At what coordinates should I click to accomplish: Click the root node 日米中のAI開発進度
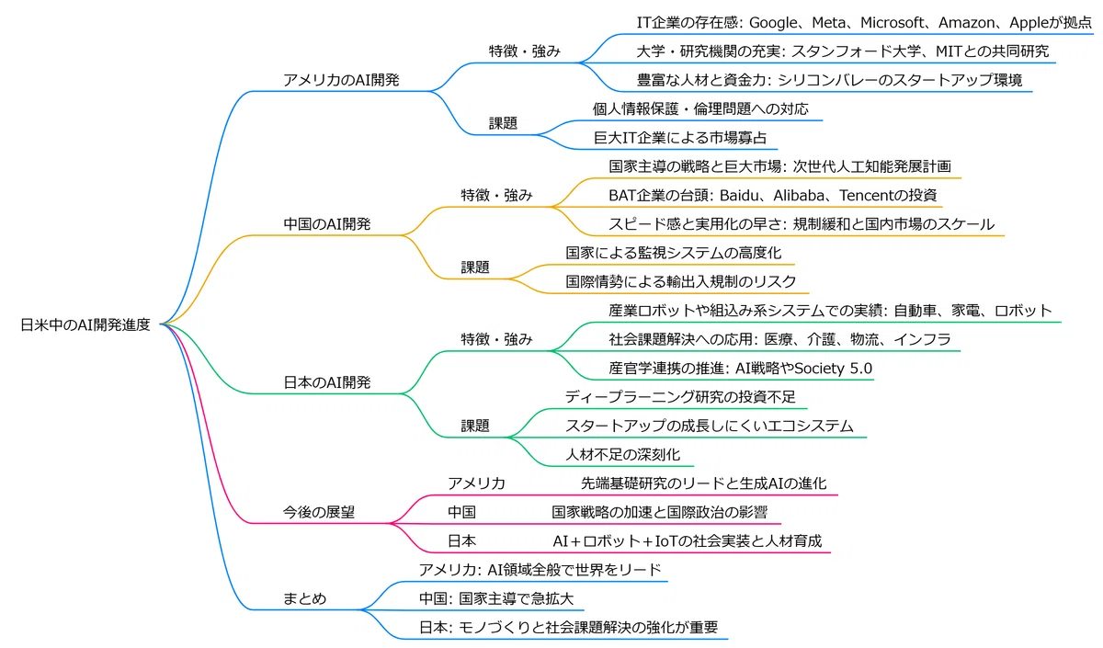pyautogui.click(x=85, y=325)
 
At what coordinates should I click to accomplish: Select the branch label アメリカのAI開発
pyautogui.click(x=341, y=80)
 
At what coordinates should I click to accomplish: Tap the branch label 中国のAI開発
pyautogui.click(x=327, y=224)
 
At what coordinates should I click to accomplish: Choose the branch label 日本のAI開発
pyautogui.click(x=327, y=382)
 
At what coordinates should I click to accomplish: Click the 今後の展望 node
pyautogui.click(x=319, y=512)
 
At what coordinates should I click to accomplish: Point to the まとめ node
pyautogui.click(x=304, y=598)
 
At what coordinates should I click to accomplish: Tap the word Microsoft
pyautogui.click(x=892, y=23)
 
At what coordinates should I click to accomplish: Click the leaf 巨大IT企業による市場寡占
pyautogui.click(x=680, y=138)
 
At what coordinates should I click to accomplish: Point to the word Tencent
pyautogui.click(x=867, y=196)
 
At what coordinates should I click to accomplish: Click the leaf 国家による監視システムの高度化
pyautogui.click(x=673, y=253)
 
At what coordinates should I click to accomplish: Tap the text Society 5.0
pyautogui.click(x=833, y=369)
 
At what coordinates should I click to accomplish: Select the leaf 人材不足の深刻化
pyautogui.click(x=622, y=454)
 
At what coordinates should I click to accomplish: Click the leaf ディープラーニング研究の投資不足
pyautogui.click(x=680, y=397)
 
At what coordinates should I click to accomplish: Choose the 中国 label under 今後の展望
pyautogui.click(x=461, y=512)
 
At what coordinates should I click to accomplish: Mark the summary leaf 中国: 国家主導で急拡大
pyautogui.click(x=496, y=598)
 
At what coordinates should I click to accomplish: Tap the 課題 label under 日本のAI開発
pyautogui.click(x=475, y=426)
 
